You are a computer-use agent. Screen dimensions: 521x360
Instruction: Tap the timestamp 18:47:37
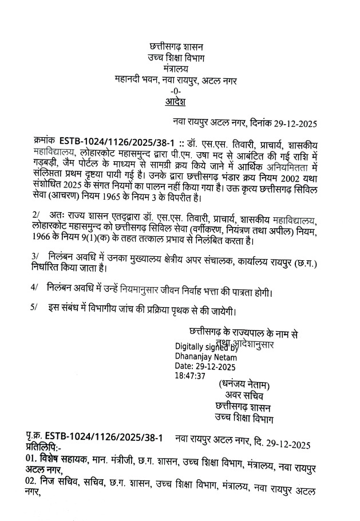[x=190, y=376]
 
